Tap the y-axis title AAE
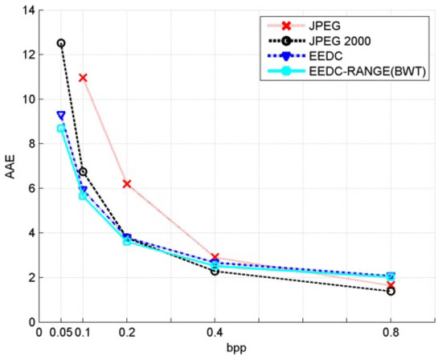click(x=10, y=166)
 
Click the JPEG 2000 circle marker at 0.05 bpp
click(x=61, y=43)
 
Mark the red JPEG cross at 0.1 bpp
click(x=83, y=78)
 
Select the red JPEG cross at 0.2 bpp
click(x=127, y=184)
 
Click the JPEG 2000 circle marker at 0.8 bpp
click(x=391, y=291)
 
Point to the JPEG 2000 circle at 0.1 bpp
click(x=83, y=172)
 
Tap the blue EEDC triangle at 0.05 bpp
click(x=61, y=115)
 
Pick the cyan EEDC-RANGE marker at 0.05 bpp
click(x=61, y=129)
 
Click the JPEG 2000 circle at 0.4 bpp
click(x=215, y=271)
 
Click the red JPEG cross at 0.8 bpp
click(x=391, y=284)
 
